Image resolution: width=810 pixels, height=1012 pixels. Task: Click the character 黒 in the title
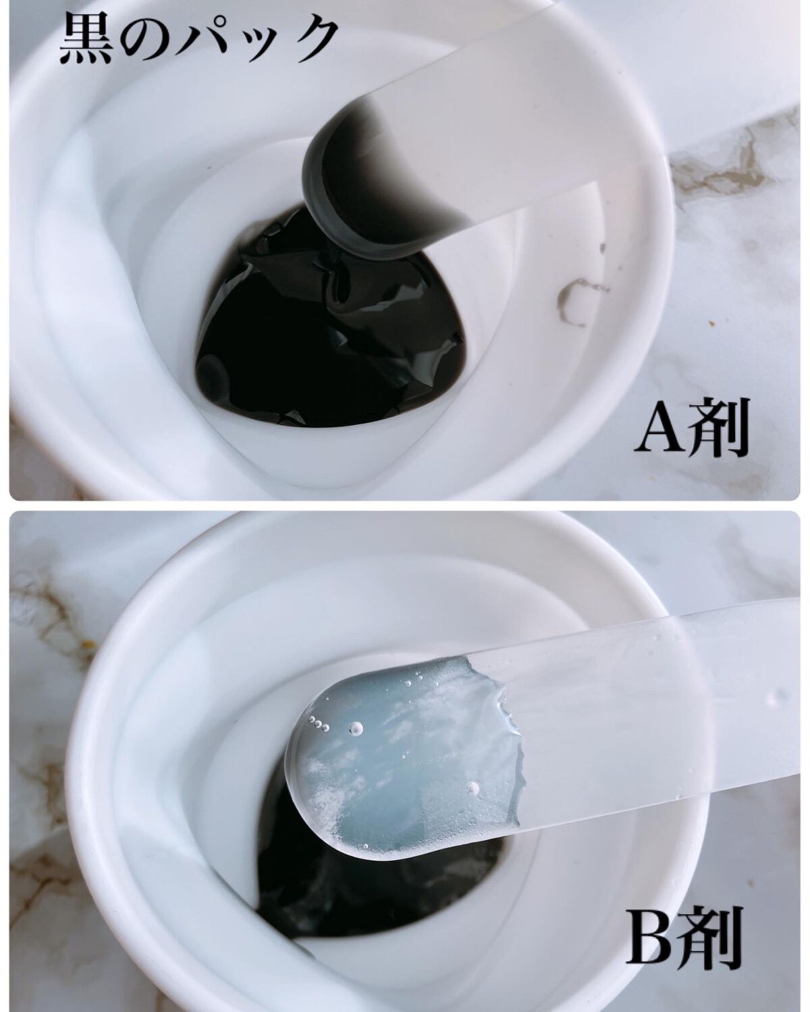86,40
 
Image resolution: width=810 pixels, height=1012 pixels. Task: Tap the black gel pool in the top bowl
329,339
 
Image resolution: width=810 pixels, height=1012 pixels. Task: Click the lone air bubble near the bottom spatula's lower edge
472,788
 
